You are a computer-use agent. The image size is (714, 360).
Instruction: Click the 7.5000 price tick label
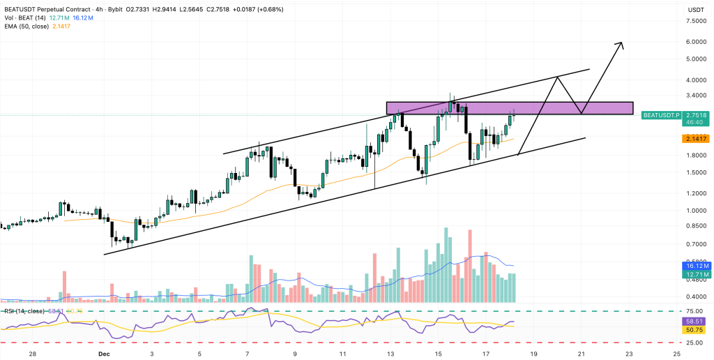coord(696,22)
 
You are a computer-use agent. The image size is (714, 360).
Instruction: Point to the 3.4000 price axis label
coord(696,80)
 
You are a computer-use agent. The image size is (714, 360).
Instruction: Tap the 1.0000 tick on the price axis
coord(696,211)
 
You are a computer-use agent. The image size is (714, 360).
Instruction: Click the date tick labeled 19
coord(534,354)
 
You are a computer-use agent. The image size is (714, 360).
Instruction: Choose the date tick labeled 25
coord(677,354)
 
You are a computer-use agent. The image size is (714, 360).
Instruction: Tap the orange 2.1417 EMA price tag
coord(696,140)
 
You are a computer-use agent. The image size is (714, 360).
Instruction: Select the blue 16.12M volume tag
coord(696,266)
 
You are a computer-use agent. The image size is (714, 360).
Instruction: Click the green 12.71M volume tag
coord(696,275)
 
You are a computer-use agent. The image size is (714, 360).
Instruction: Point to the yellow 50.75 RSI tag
coord(696,330)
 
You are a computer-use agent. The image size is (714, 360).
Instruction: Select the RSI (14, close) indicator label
coord(25,310)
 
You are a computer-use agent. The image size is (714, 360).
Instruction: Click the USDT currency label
coord(696,9)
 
